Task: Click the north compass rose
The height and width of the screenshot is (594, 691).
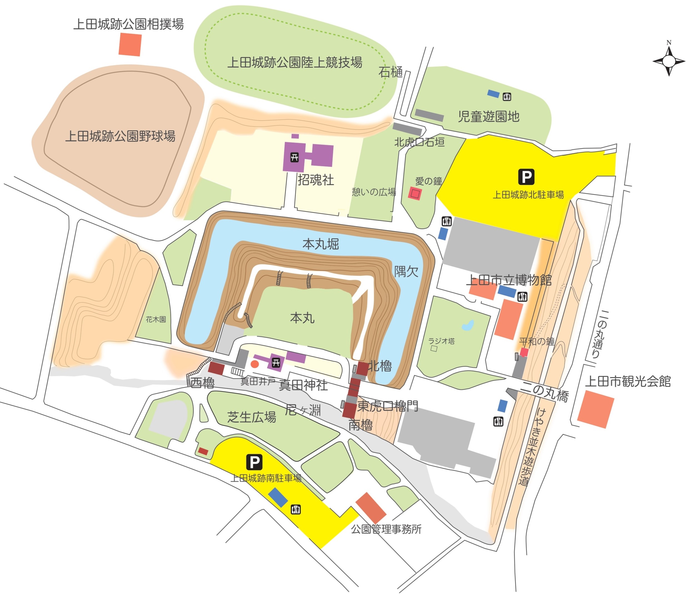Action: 669,61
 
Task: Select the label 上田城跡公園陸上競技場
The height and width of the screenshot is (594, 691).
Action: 295,63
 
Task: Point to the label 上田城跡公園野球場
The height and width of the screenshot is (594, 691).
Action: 120,136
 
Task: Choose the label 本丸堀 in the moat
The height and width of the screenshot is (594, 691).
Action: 321,244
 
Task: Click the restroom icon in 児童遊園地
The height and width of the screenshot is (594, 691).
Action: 507,97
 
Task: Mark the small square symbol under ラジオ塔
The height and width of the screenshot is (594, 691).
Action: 434,349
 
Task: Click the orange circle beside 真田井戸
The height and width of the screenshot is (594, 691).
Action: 255,364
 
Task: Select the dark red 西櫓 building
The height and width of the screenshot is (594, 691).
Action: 216,368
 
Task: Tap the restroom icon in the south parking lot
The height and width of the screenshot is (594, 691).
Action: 296,509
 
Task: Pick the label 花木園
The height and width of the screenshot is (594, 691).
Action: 156,320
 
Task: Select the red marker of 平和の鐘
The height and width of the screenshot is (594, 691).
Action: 524,352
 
